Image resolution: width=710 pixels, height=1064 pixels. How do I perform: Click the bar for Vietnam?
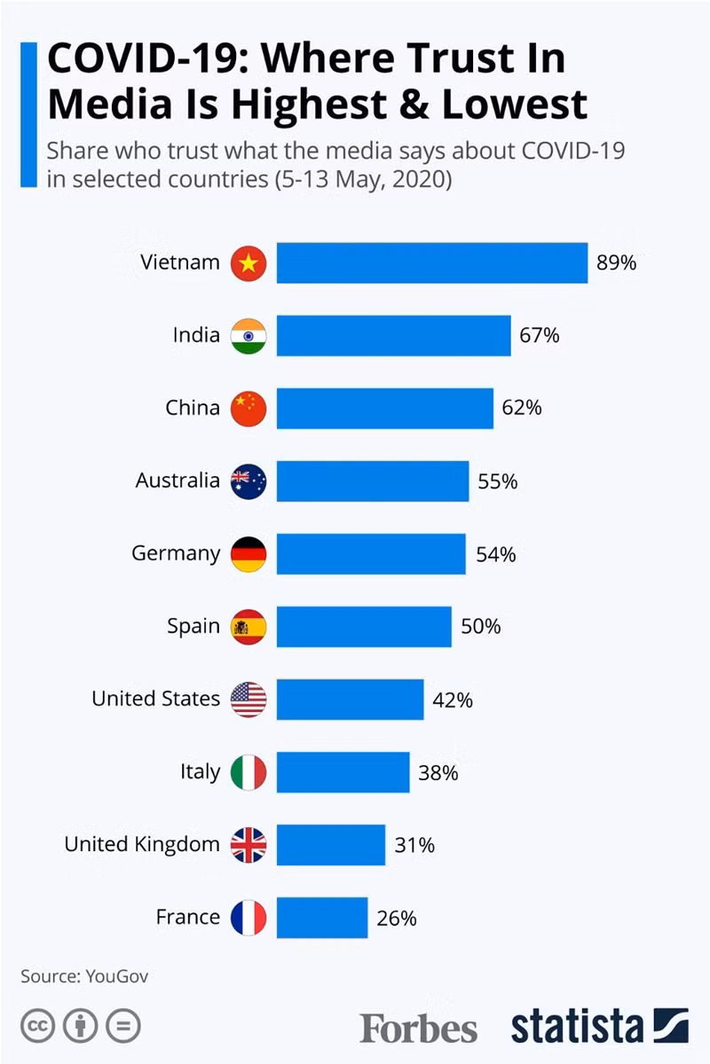tap(431, 262)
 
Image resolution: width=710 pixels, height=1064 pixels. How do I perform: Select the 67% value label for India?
tap(540, 335)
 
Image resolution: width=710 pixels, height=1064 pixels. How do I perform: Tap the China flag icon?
tap(248, 408)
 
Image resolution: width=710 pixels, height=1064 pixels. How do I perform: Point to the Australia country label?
tap(177, 481)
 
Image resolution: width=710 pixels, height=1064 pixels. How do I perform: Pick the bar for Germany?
tap(371, 553)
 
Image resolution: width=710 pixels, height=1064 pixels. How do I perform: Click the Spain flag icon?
tap(248, 626)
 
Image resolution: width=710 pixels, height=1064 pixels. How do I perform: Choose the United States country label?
tap(155, 699)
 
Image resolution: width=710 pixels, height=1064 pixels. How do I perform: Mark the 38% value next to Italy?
tap(438, 772)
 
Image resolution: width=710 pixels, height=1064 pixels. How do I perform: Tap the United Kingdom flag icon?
tap(248, 844)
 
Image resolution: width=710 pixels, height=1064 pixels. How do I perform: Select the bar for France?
tap(321, 917)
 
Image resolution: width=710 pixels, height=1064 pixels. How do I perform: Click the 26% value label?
tap(397, 918)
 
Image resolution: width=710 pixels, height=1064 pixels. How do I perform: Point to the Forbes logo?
tap(418, 1029)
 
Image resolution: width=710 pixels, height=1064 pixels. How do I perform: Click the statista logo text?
tap(577, 1027)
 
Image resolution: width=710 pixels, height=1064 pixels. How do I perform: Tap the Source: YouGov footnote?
tap(84, 976)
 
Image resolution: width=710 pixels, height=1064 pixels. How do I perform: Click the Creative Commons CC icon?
tap(37, 1027)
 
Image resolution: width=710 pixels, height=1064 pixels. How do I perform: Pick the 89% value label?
tap(616, 263)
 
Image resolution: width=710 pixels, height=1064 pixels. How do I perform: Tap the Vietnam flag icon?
tap(248, 263)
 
